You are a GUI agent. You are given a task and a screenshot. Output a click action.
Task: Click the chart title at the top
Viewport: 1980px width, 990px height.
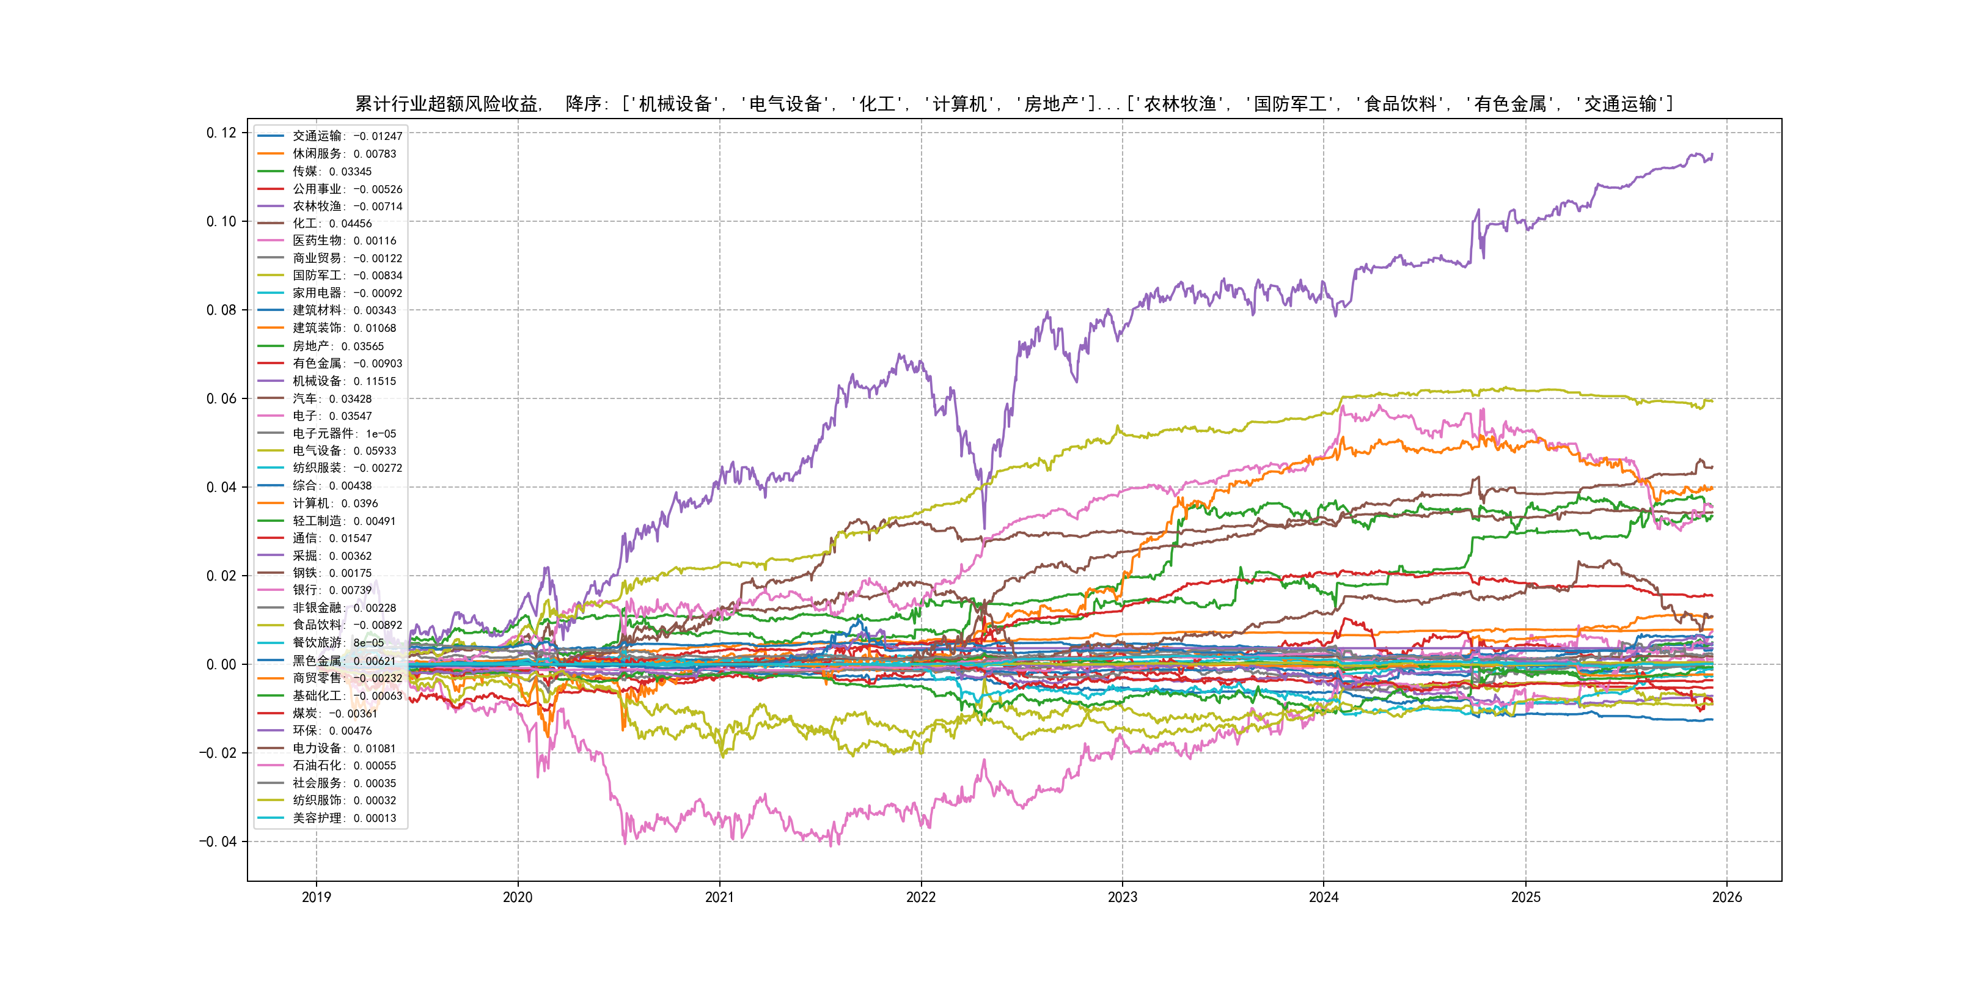(x=1013, y=104)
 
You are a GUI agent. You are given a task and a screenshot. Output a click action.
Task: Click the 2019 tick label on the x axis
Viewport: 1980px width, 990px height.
(x=316, y=897)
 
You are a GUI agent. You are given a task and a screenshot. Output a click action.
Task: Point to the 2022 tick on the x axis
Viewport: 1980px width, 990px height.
(x=921, y=897)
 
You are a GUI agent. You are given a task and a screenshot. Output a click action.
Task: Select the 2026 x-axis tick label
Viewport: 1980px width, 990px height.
(x=1726, y=897)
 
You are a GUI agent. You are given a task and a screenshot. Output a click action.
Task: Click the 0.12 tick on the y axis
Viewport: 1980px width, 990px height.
(x=221, y=133)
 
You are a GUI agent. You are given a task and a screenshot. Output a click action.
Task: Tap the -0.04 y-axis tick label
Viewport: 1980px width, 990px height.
(x=218, y=842)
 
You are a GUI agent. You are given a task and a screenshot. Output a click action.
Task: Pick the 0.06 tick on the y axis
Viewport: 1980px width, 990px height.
(x=221, y=398)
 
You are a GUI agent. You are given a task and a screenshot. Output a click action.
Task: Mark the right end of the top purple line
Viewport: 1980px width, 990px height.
(x=1712, y=155)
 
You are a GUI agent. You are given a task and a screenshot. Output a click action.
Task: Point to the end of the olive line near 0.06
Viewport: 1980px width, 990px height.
(x=1712, y=400)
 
